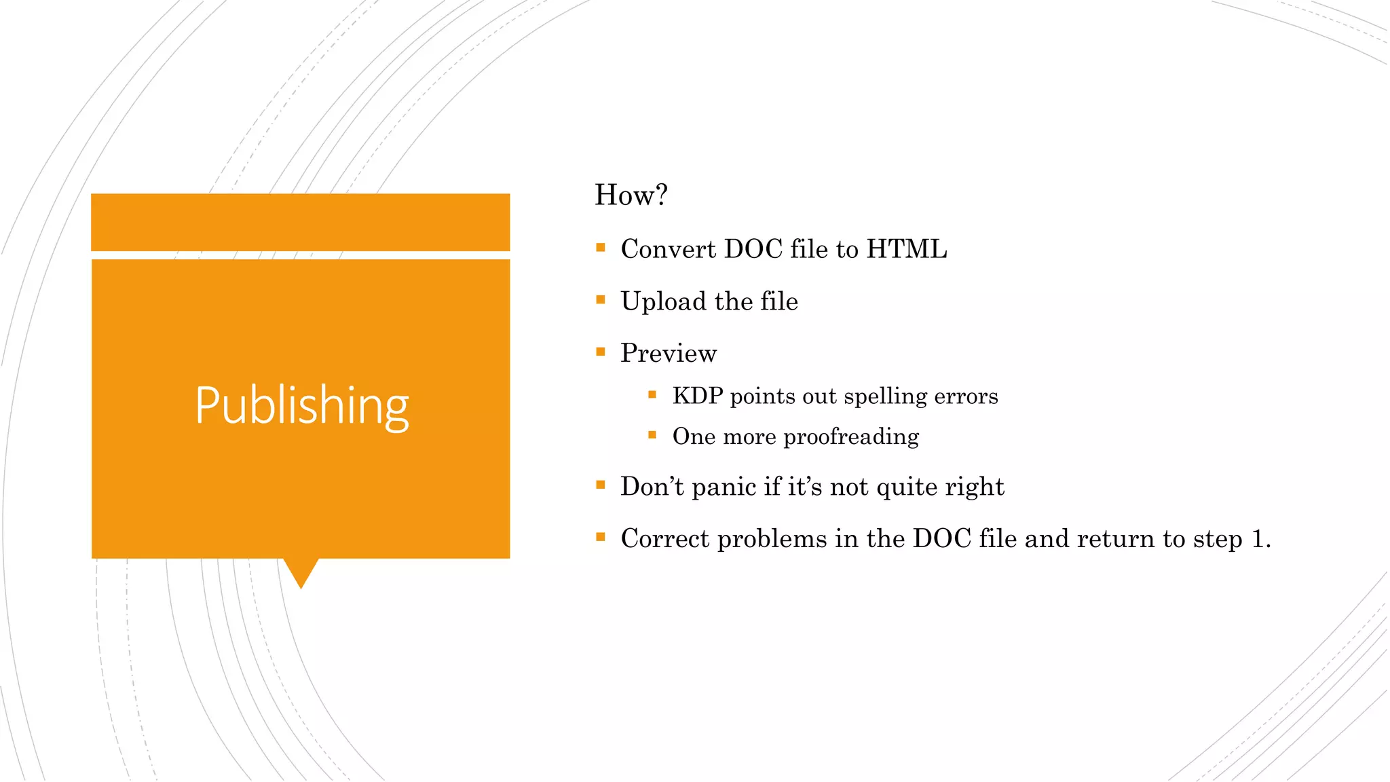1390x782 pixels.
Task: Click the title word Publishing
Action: (301, 405)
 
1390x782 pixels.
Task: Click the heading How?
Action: (631, 195)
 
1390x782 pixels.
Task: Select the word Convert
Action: (668, 249)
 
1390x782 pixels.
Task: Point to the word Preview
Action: (668, 354)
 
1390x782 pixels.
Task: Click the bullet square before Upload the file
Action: (600, 299)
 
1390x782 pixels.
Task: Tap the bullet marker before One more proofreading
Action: (652, 434)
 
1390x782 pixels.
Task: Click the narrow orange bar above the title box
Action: (300, 222)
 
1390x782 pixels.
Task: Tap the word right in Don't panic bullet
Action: (974, 487)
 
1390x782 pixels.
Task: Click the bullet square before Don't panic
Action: (600, 485)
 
